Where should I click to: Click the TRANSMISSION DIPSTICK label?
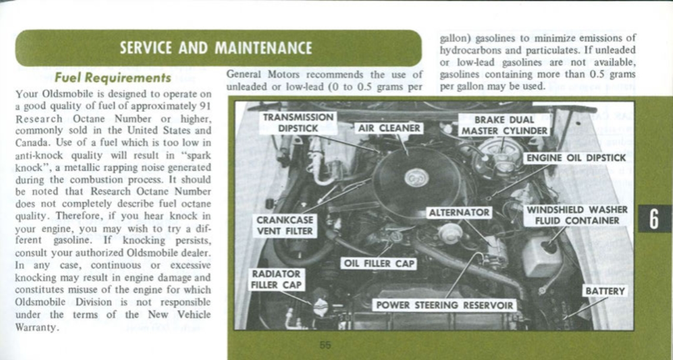[300, 123]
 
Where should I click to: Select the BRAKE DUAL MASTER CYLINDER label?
[504, 126]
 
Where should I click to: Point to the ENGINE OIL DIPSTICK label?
[575, 158]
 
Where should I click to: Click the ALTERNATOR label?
[459, 212]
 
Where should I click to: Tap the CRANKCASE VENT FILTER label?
[284, 225]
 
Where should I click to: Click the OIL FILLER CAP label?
[378, 263]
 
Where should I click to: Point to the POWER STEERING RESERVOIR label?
[445, 306]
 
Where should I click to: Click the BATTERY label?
[605, 291]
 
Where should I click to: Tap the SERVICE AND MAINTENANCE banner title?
[215, 48]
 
